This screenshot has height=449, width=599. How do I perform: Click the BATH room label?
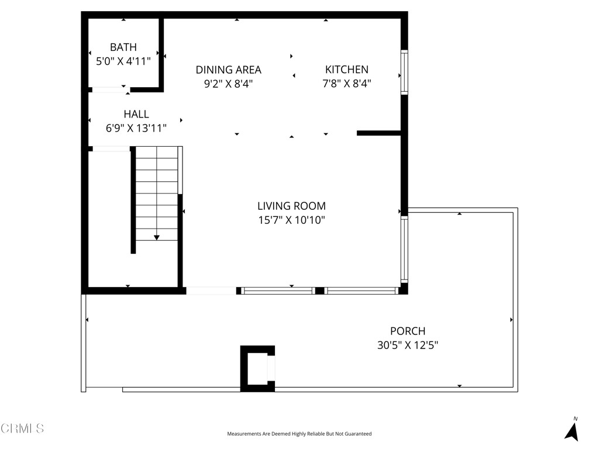point(123,47)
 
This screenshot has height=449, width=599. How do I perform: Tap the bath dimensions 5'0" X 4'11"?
point(123,61)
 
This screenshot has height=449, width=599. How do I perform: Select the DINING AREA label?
point(228,70)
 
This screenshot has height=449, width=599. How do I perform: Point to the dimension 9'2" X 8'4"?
point(228,84)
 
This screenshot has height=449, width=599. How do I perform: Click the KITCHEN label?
point(347,70)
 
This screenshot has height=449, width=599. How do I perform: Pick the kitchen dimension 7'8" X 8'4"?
point(347,84)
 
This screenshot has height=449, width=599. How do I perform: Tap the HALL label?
point(136,115)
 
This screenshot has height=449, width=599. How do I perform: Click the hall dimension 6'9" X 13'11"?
point(136,128)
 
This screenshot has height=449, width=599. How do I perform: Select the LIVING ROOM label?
point(291,206)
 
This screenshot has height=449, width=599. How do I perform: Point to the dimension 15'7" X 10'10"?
point(291,220)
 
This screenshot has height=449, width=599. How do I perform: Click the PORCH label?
point(408,331)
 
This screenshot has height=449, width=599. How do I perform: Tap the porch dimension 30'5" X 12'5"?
point(408,346)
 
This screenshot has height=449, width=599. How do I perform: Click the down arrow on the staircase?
point(157,237)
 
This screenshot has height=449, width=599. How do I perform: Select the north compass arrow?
point(572,430)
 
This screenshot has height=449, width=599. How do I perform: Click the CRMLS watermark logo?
point(22,429)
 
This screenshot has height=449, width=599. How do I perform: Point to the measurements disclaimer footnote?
point(299,434)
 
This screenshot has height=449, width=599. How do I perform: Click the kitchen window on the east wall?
point(404,72)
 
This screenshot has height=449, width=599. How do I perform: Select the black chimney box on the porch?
point(257,368)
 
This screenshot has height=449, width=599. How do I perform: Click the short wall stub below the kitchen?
point(378,133)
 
